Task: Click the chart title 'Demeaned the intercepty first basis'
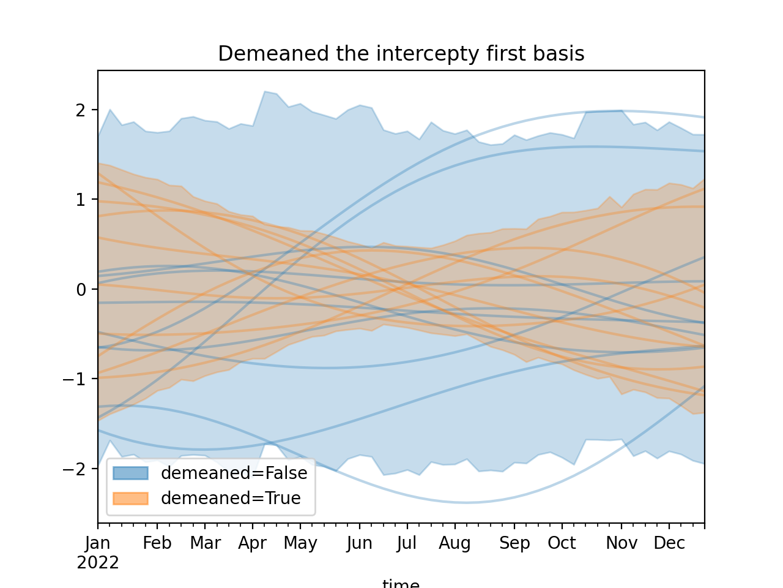pyautogui.click(x=401, y=55)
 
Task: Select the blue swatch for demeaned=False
pyautogui.click(x=130, y=473)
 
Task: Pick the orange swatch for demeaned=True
pyautogui.click(x=130, y=499)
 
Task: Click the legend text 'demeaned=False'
pyautogui.click(x=234, y=473)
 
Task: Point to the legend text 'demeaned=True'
pyautogui.click(x=231, y=499)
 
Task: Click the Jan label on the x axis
pyautogui.click(x=98, y=543)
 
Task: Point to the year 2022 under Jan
pyautogui.click(x=98, y=563)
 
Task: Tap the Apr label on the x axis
pyautogui.click(x=253, y=543)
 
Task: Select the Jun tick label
pyautogui.click(x=359, y=543)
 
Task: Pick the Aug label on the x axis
pyautogui.click(x=455, y=543)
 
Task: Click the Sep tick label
pyautogui.click(x=514, y=543)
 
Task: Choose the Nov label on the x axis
pyautogui.click(x=622, y=543)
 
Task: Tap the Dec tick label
pyautogui.click(x=669, y=543)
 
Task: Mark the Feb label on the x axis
pyautogui.click(x=157, y=543)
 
